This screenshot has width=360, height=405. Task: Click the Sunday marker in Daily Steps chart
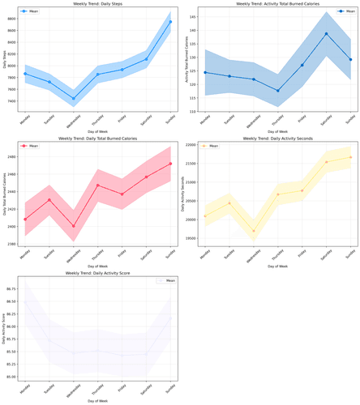[170, 22]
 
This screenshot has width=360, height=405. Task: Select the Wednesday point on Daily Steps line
[74, 99]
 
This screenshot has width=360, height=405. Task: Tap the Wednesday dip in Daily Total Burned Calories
[74, 227]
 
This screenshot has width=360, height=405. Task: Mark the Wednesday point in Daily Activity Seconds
[253, 231]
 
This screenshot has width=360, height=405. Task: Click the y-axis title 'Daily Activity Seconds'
[184, 194]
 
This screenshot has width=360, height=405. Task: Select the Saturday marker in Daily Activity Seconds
[326, 162]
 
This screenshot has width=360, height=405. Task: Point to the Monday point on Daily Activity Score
[25, 302]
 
